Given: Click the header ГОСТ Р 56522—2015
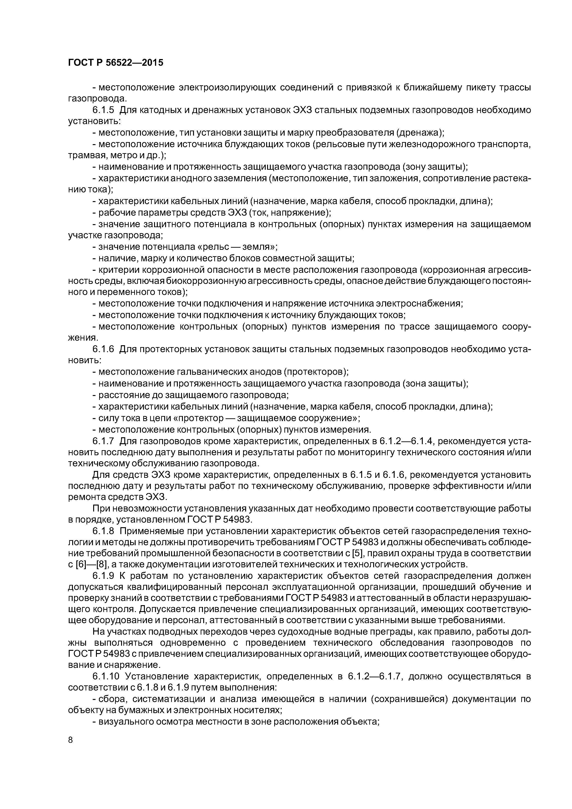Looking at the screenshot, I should [x=116, y=63].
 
